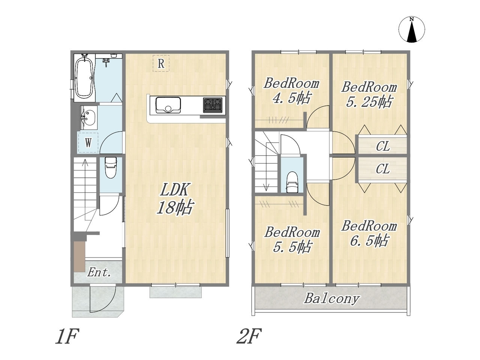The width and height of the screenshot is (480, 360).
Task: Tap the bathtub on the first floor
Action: click(84, 78)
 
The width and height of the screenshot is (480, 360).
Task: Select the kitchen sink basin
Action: click(168, 105)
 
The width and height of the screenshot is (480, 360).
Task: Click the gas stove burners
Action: click(213, 105)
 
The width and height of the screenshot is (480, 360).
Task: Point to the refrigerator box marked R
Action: click(161, 63)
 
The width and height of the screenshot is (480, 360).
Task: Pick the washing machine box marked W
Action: click(88, 142)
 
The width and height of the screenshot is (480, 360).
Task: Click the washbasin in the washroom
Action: click(88, 118)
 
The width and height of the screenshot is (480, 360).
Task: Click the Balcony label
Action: click(331, 298)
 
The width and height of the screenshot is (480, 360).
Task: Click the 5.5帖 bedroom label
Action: click(292, 240)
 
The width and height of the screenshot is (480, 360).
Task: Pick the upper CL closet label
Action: click(383, 146)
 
